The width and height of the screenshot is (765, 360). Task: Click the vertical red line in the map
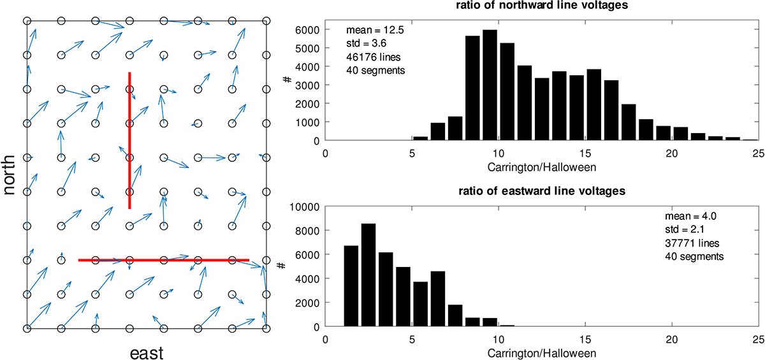(130, 140)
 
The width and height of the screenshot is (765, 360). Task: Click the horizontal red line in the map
(163, 260)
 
